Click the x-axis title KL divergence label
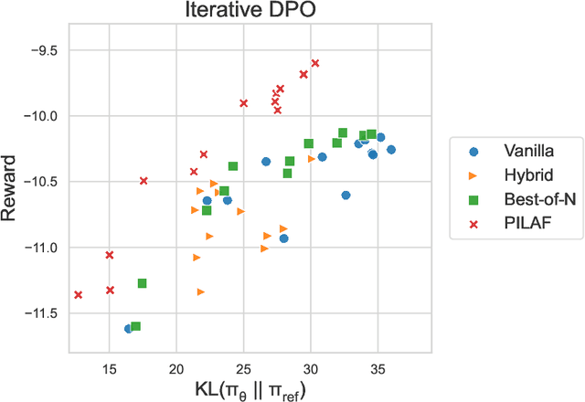249,388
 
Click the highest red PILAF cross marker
315,63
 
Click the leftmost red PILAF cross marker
79,294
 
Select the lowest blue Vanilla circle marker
128,328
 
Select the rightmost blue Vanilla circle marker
391,150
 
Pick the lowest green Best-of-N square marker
136,326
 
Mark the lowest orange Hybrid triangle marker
201,291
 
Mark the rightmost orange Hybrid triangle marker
312,158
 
